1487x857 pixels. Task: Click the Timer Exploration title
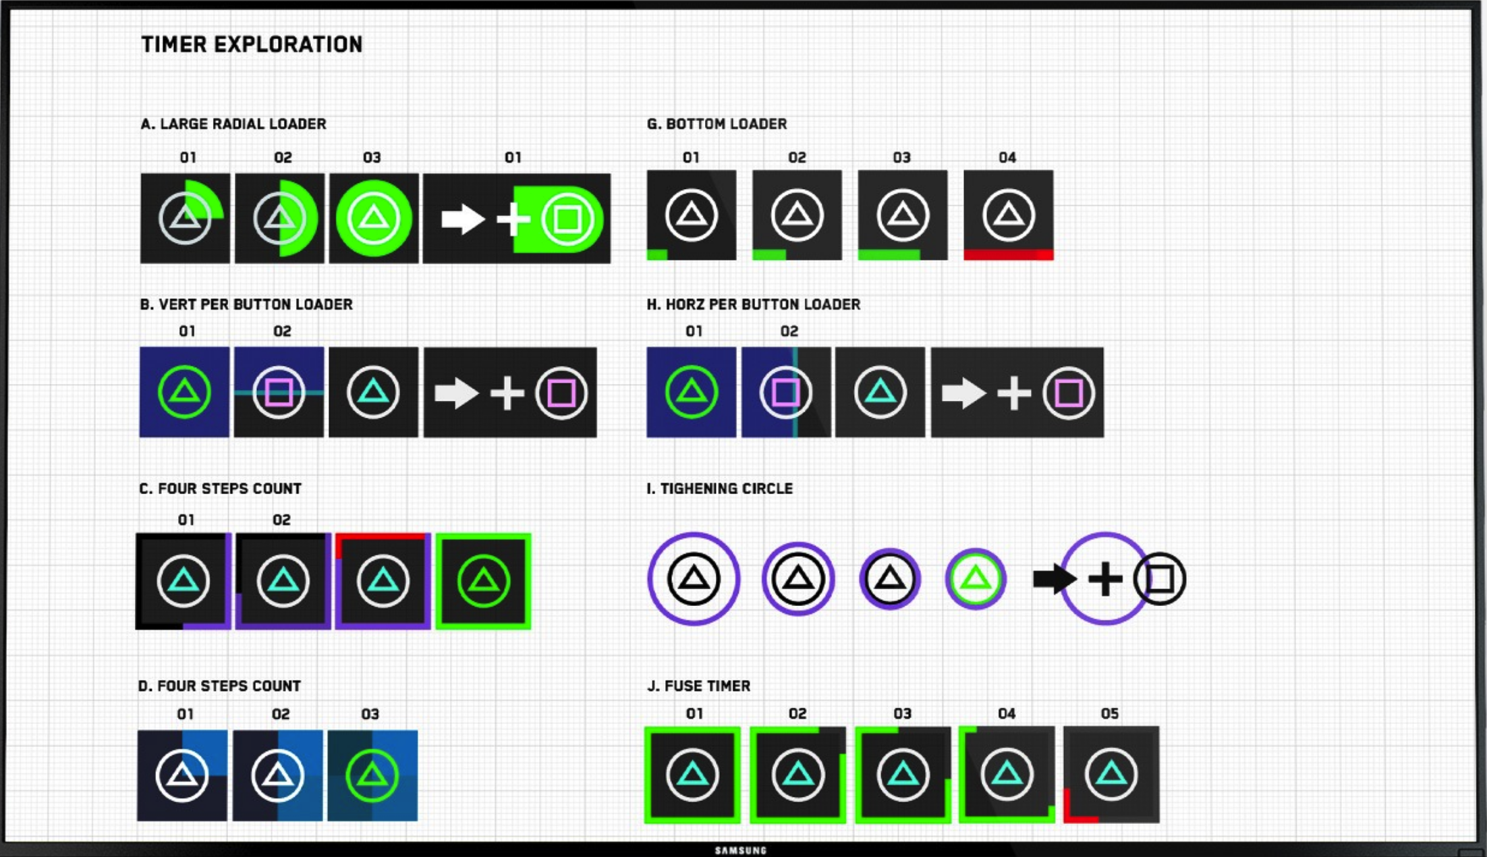click(252, 45)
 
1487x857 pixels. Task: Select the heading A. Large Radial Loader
click(233, 124)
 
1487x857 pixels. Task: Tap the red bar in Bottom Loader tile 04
click(1008, 254)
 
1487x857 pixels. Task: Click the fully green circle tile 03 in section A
click(373, 218)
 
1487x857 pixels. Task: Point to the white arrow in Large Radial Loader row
click(462, 219)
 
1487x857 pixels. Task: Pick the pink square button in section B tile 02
click(279, 392)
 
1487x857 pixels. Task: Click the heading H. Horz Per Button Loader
click(753, 304)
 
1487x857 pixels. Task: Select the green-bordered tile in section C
click(483, 581)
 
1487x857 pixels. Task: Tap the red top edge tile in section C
click(383, 581)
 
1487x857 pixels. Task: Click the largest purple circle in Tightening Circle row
click(694, 579)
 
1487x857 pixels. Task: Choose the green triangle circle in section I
click(976, 579)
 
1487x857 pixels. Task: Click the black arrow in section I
click(1053, 579)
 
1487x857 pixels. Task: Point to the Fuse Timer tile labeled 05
click(1111, 774)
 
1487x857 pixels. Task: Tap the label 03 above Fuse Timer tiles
click(902, 714)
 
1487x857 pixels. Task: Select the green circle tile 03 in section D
click(372, 775)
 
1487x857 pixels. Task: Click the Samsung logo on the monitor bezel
click(741, 850)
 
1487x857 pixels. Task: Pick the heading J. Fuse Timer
click(698, 686)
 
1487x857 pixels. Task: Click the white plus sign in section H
click(1013, 393)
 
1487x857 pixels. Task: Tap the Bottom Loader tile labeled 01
click(691, 215)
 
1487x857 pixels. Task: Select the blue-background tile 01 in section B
click(184, 392)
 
